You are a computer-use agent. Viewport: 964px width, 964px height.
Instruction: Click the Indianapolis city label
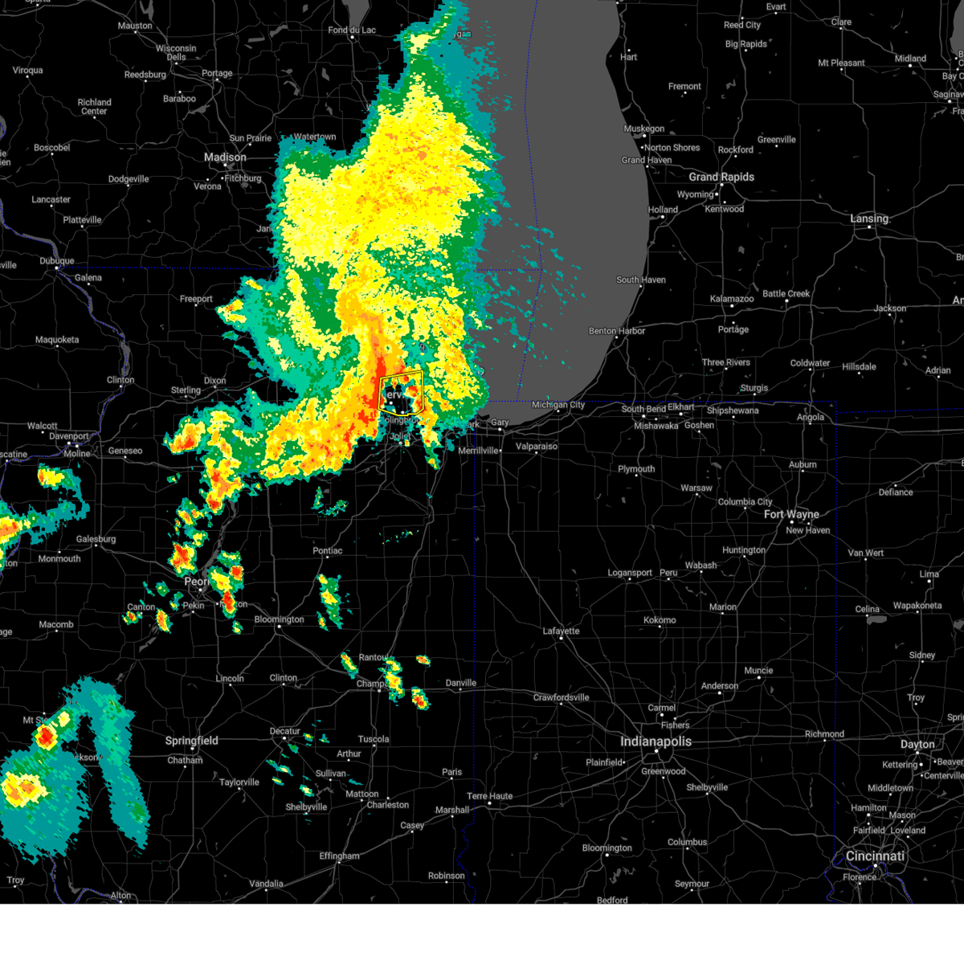pos(656,741)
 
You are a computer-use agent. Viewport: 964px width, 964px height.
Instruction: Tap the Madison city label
pos(225,157)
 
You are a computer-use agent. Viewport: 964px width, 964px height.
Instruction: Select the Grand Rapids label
pos(721,177)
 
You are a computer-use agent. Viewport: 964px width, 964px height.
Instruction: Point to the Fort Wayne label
pos(791,514)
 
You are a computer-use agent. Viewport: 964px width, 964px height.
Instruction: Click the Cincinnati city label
pos(875,856)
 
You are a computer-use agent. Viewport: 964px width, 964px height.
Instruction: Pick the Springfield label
pos(191,741)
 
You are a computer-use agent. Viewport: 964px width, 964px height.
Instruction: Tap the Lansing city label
pos(869,219)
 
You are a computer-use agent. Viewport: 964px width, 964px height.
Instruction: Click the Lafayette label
pos(561,631)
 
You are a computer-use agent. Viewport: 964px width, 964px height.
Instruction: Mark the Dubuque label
pos(57,261)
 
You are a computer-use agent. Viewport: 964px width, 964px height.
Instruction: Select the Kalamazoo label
pos(732,299)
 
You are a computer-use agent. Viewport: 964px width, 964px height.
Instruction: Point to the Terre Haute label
pos(490,796)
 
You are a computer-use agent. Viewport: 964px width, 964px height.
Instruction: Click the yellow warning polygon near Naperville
pos(401,391)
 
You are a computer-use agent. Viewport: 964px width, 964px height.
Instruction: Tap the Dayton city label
pos(917,745)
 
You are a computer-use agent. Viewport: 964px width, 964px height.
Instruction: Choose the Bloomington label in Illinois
pos(279,619)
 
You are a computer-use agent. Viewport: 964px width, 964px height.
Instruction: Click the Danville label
pos(461,683)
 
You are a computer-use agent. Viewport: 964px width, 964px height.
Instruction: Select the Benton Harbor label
pos(617,331)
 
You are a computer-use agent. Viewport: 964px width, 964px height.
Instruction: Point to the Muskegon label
pos(643,129)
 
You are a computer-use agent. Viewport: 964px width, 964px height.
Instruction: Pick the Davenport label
pos(69,436)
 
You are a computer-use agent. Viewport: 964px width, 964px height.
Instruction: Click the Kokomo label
pos(660,620)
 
